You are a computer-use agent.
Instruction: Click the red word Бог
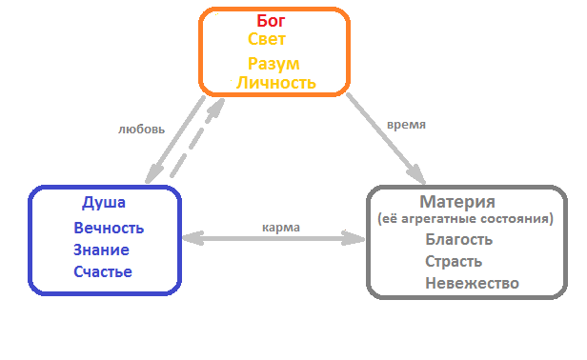coord(272,20)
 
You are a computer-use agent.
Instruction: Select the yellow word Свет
coord(267,40)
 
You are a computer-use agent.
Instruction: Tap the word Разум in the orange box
coord(273,64)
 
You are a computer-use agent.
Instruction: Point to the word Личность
coord(275,83)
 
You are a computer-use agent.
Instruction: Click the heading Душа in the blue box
coord(104,203)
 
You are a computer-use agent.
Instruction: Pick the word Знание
coord(101,250)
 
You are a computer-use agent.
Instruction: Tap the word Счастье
coord(103,272)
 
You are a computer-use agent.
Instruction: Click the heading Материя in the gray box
coord(457,202)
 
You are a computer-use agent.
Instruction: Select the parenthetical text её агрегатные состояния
coord(463,219)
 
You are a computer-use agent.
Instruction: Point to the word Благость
coord(458,239)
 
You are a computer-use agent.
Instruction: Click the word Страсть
coord(453,261)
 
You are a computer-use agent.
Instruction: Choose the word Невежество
coord(472,283)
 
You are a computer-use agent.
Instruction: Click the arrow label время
coord(407,125)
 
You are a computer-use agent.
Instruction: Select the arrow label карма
coord(281,228)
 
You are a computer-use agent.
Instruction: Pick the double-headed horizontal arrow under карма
coord(274,239)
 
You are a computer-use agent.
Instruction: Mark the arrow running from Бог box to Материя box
coord(386,136)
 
